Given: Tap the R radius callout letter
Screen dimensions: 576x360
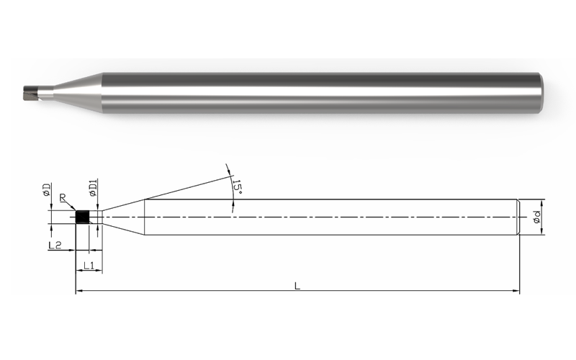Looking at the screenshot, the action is pyautogui.click(x=63, y=198).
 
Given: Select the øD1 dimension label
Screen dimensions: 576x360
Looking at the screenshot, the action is pyautogui.click(x=93, y=188).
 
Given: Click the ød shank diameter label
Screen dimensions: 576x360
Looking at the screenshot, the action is pyautogui.click(x=536, y=217).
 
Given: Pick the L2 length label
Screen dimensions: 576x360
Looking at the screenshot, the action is pyautogui.click(x=55, y=245).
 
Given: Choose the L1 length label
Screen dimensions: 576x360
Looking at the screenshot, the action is pyautogui.click(x=89, y=265).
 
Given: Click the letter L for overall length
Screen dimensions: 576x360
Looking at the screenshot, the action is pyautogui.click(x=297, y=286).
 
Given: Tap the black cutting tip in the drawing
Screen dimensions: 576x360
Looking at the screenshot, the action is pyautogui.click(x=82, y=217).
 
